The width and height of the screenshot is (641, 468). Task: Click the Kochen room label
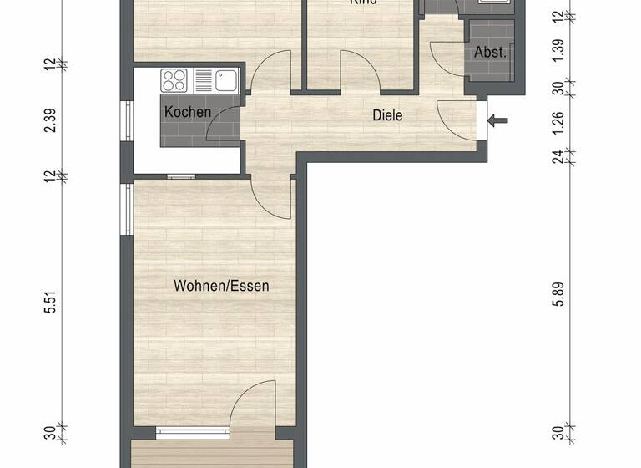pos(188,112)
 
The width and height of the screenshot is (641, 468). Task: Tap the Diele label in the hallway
pos(387,115)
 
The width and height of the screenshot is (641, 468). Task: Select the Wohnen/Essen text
pos(221,286)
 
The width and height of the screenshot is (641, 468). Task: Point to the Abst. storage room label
pos(490,52)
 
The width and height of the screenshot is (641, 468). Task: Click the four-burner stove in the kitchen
pos(175,81)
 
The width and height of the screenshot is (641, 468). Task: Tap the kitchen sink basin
pos(226,81)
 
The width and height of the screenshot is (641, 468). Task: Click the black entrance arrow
pos(497,121)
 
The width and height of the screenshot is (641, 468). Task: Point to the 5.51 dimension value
pos(52,305)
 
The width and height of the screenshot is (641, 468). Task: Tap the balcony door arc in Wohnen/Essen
pos(255,404)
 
